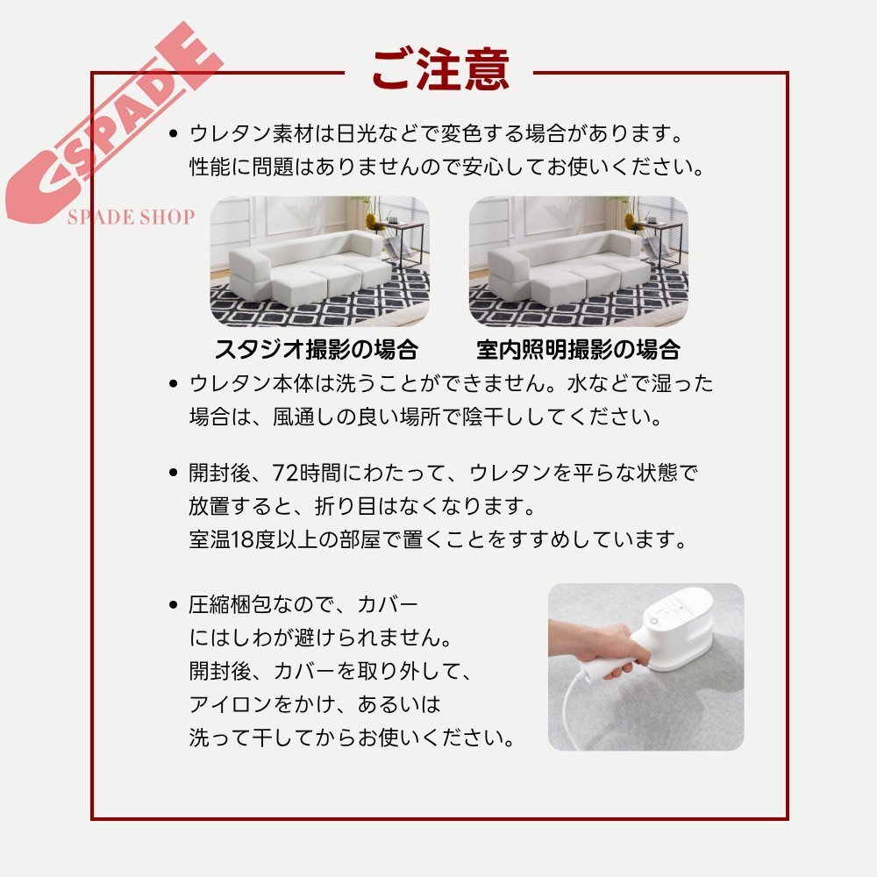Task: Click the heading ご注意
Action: [x=440, y=69]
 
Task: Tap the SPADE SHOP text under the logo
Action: [x=131, y=217]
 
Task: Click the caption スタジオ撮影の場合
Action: [x=317, y=350]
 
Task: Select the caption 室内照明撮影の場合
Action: [x=578, y=350]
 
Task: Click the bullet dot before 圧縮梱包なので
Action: [x=173, y=606]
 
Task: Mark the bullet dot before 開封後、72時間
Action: [x=173, y=474]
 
